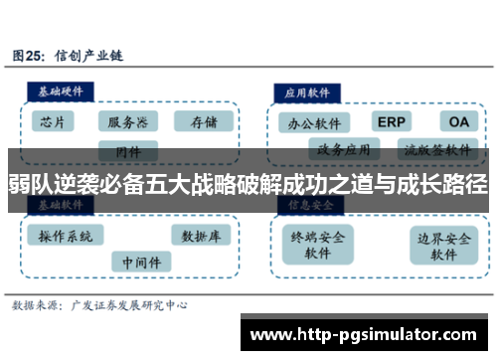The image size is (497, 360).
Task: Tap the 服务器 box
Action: (x=128, y=122)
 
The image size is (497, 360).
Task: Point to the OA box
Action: (x=459, y=121)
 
